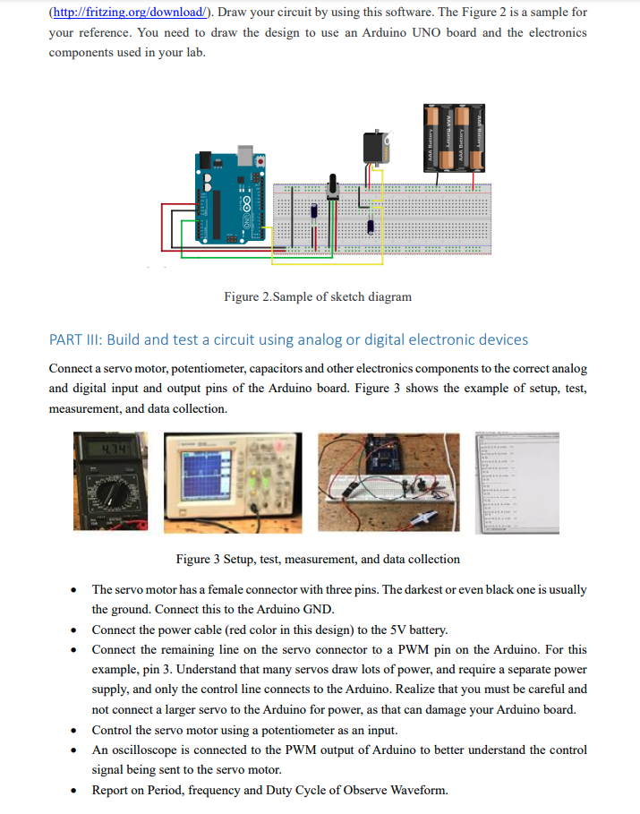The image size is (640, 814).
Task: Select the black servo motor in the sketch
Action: tap(374, 148)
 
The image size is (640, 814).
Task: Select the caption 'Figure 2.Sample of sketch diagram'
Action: tap(318, 296)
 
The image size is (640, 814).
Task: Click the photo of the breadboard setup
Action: tap(388, 484)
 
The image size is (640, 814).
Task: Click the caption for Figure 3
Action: tap(318, 559)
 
